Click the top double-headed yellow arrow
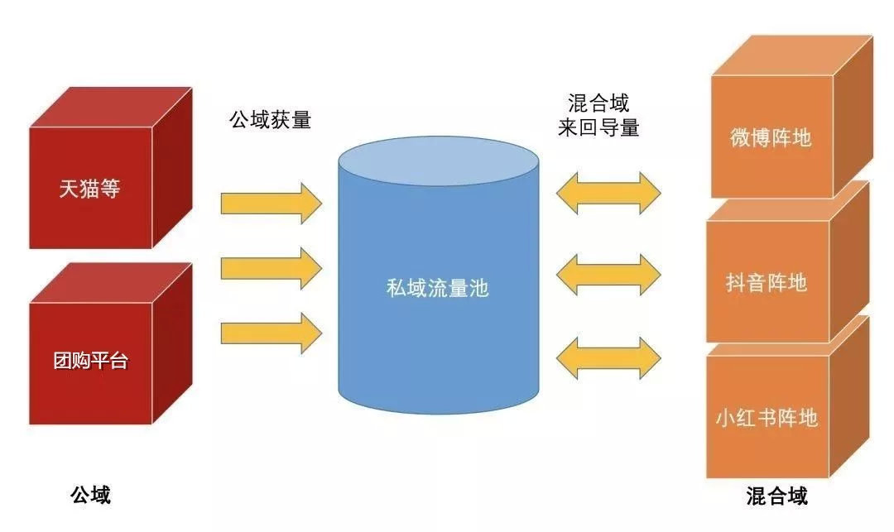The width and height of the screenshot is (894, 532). point(608,192)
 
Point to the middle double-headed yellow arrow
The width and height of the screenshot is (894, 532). point(608,272)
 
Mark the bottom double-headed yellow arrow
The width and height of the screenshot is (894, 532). point(608,357)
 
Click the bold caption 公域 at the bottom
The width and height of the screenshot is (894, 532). point(90,495)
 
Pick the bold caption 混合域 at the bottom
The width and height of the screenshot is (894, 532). point(776,496)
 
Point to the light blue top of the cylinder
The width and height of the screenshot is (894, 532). point(438,161)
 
